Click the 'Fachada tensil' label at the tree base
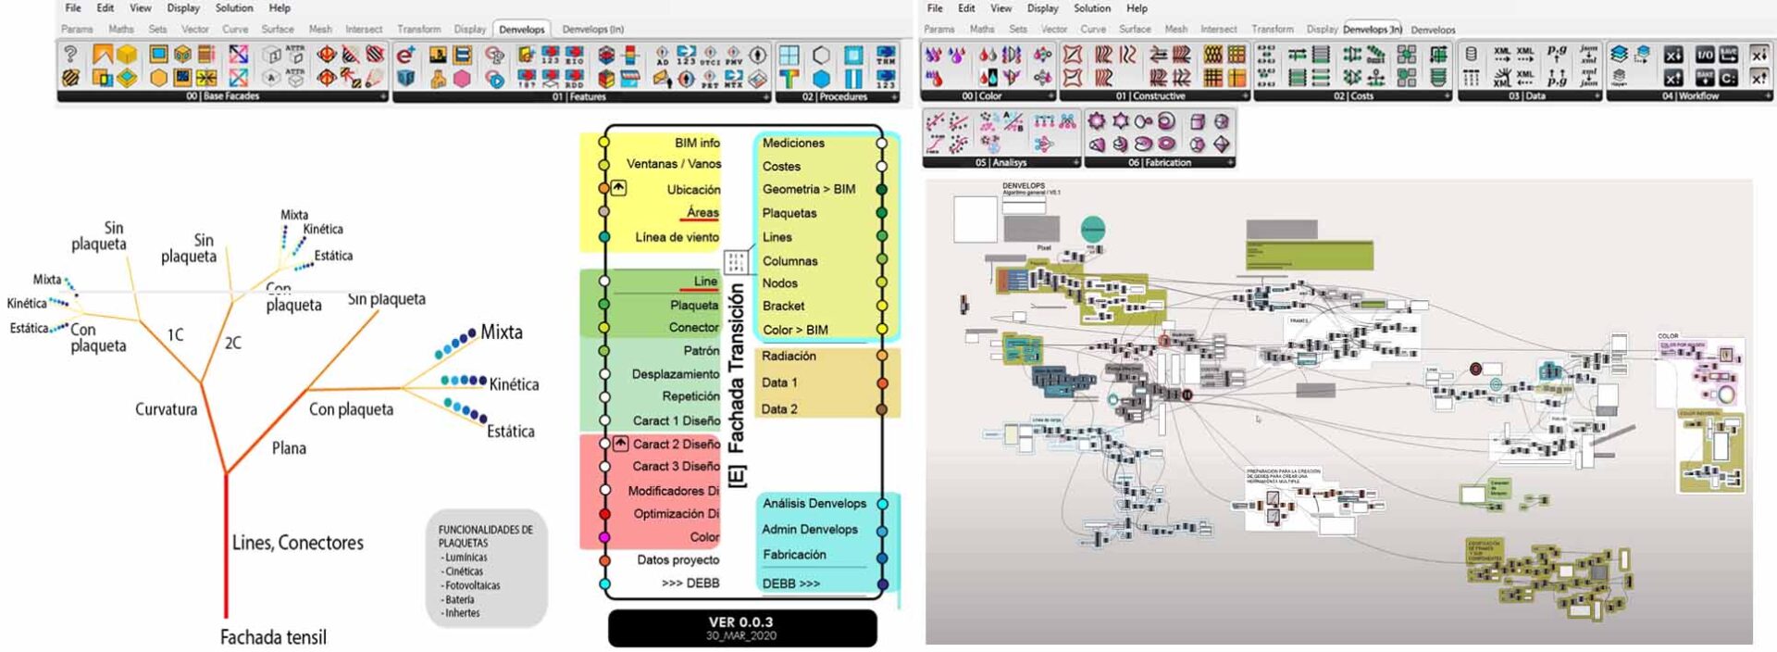[273, 637]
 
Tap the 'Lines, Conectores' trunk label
[297, 543]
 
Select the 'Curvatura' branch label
[166, 409]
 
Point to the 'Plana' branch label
[289, 448]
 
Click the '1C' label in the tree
[175, 334]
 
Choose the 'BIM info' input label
[697, 143]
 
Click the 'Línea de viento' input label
[677, 237]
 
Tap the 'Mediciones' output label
[793, 143]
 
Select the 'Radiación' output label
[789, 356]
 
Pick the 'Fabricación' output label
[794, 555]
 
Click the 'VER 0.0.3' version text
[740, 622]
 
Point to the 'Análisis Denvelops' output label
[814, 503]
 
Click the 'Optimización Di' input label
[676, 513]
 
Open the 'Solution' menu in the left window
[234, 7]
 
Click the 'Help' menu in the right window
[1137, 7]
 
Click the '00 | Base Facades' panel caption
[222, 96]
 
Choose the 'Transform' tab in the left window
[418, 29]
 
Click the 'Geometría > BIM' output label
[808, 189]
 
